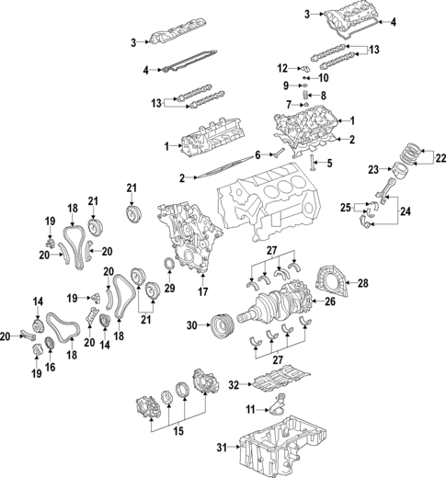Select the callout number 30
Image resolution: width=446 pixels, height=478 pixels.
click(191, 324)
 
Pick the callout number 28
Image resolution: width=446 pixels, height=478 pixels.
click(362, 282)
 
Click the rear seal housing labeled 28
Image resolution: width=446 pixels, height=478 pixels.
click(329, 280)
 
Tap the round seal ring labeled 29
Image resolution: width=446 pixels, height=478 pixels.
click(169, 267)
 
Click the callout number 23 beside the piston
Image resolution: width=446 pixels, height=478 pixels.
click(372, 170)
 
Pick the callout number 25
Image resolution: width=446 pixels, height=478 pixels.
click(346, 210)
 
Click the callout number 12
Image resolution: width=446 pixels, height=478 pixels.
click(283, 67)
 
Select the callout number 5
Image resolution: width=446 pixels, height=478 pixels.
click(329, 163)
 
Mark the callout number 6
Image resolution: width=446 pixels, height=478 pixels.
click(258, 153)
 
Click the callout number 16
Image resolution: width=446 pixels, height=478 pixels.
click(51, 367)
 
